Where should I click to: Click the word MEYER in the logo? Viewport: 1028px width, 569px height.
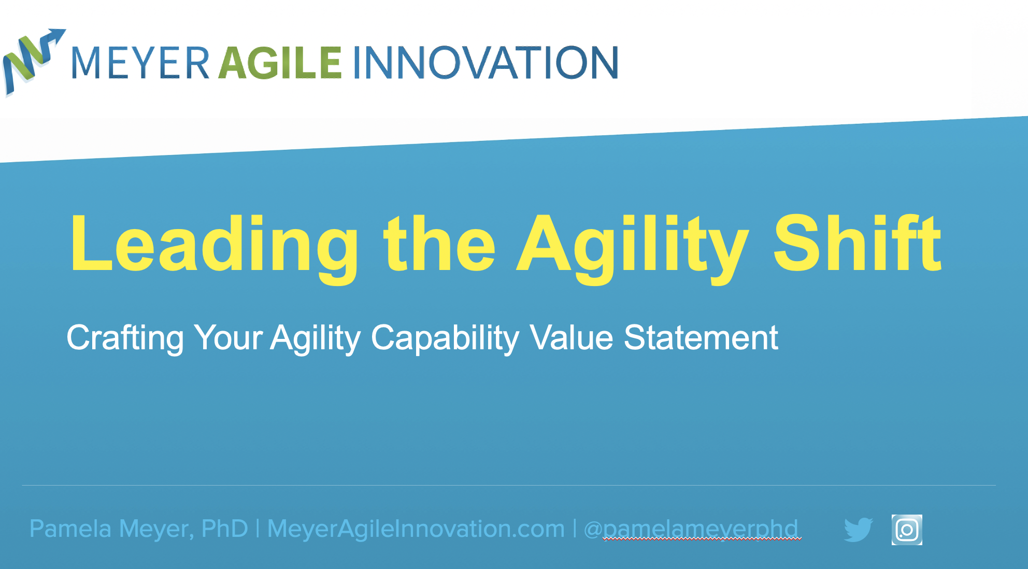pos(140,63)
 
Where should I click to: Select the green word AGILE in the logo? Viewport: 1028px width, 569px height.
pos(280,63)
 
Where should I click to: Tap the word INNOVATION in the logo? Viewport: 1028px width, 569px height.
pos(486,63)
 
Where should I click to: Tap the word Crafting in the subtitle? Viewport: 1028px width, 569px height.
pos(125,338)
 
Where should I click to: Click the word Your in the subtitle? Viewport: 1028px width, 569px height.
pos(228,338)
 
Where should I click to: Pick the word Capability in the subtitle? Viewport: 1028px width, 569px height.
pos(445,338)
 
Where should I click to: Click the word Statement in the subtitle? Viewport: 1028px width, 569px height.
pos(701,338)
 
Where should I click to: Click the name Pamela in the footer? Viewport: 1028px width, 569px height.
pos(70,529)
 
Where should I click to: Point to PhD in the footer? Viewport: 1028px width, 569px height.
pos(224,529)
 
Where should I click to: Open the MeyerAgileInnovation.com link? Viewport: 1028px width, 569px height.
pos(416,529)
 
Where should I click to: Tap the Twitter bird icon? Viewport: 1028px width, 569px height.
pos(858,530)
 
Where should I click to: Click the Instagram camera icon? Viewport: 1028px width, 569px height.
pos(907,530)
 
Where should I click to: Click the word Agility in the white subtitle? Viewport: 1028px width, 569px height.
pos(316,338)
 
